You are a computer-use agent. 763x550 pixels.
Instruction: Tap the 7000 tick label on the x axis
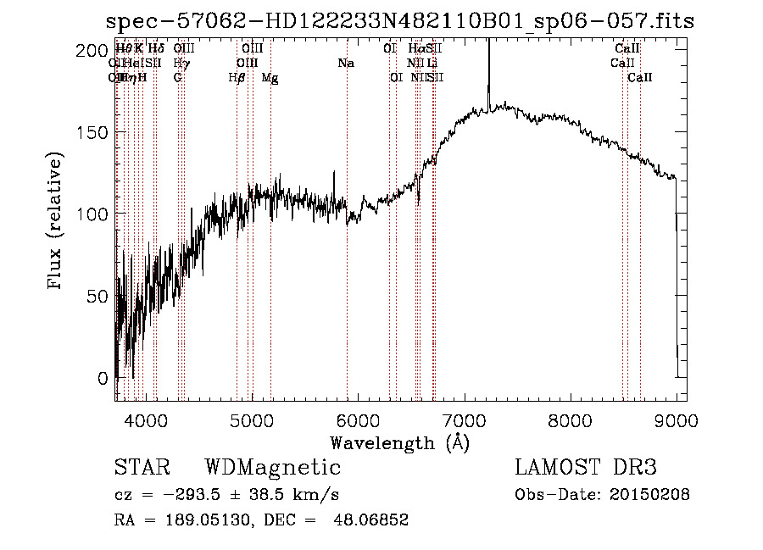point(464,418)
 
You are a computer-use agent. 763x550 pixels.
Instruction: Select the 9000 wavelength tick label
point(676,418)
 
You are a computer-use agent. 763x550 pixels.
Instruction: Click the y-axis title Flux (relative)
point(57,222)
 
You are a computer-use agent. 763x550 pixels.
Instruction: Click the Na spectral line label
point(346,63)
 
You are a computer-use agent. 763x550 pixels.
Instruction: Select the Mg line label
point(270,77)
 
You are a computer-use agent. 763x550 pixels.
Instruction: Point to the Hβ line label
point(237,77)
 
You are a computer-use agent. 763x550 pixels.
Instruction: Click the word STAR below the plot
point(142,468)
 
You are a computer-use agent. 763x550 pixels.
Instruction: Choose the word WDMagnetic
point(273,468)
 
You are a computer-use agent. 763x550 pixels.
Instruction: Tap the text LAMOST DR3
point(586,468)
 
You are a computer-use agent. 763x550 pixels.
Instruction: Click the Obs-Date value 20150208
point(649,495)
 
